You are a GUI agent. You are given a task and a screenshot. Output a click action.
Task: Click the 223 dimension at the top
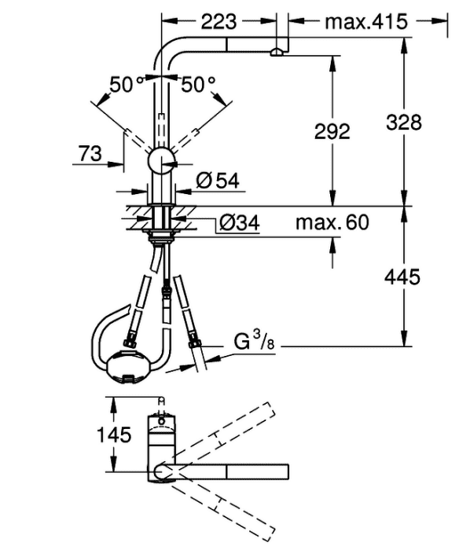click(x=218, y=22)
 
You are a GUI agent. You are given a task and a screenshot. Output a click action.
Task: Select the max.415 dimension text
click(x=366, y=22)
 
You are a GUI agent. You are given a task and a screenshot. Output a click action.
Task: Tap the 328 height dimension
click(x=403, y=123)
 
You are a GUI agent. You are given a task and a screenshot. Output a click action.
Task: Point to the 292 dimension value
click(x=332, y=131)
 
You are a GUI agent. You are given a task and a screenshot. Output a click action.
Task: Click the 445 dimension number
click(x=402, y=277)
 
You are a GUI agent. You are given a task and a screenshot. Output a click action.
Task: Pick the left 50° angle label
click(x=127, y=85)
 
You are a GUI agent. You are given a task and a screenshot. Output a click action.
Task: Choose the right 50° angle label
click(x=198, y=85)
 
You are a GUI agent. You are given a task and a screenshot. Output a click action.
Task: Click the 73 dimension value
click(x=90, y=154)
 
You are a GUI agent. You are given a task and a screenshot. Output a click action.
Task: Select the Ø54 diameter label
click(x=218, y=181)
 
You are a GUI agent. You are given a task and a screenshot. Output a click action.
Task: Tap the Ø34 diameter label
click(x=240, y=222)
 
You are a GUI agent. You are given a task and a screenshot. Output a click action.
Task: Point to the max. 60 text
click(x=332, y=222)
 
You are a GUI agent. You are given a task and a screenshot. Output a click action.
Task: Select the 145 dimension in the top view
click(x=114, y=435)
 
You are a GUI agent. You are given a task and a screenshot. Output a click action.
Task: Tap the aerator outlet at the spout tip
click(x=277, y=53)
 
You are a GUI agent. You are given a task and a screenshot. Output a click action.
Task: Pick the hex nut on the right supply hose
click(x=195, y=342)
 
